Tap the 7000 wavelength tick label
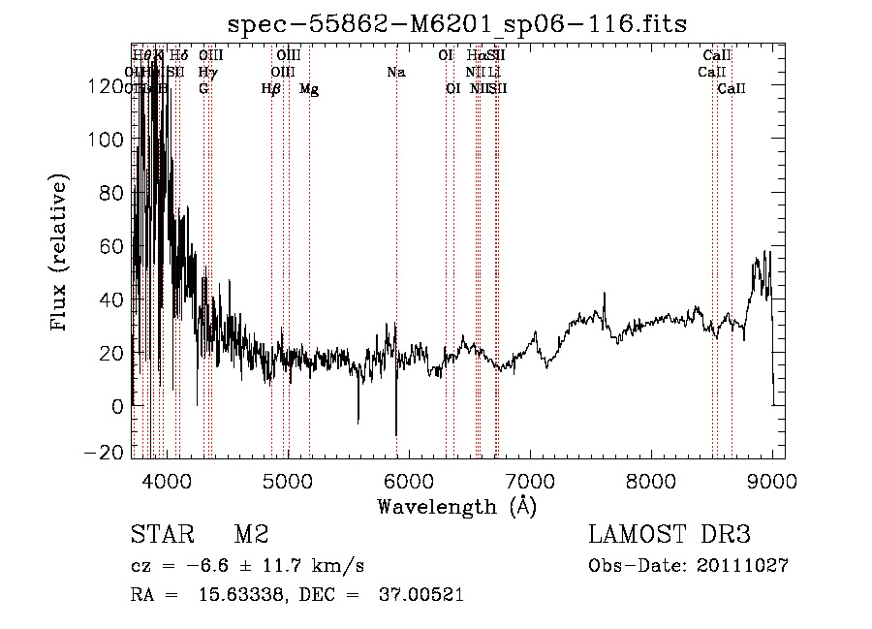530,480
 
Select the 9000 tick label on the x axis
772,480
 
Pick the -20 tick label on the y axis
105,452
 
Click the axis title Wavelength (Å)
457,506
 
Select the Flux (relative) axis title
60,252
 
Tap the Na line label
395,72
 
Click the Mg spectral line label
308,89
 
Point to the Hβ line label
271,89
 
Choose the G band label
203,88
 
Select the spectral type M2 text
251,535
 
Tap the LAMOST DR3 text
670,535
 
